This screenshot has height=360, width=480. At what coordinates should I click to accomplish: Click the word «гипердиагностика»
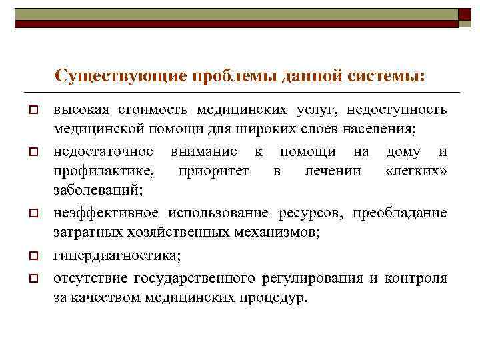tap(117, 255)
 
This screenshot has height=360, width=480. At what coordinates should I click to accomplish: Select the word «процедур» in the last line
tap(274, 297)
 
